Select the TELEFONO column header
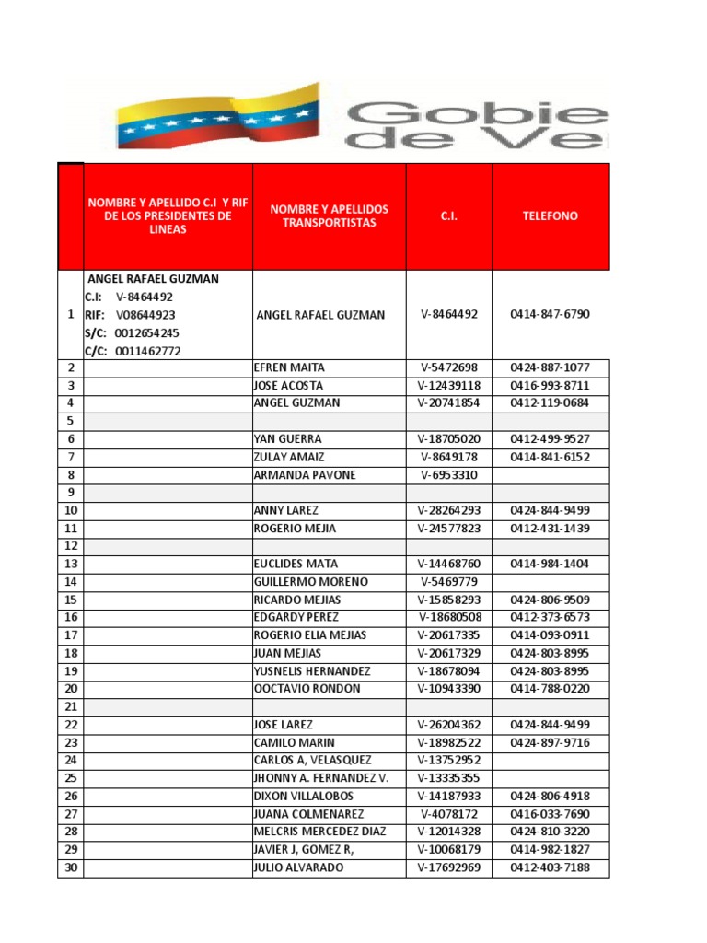[550, 215]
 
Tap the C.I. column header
[448, 215]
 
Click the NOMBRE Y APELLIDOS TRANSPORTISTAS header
[329, 215]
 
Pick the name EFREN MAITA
[284, 367]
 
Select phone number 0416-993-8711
[550, 385]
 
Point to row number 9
[71, 493]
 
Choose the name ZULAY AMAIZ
[288, 457]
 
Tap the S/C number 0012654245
[147, 332]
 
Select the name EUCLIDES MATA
[295, 564]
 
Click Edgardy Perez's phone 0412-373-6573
[550, 617]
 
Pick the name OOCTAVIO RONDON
[307, 689]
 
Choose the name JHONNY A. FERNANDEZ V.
[320, 778]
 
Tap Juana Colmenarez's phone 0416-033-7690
[550, 814]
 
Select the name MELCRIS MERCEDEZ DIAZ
[319, 832]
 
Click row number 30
[71, 867]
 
